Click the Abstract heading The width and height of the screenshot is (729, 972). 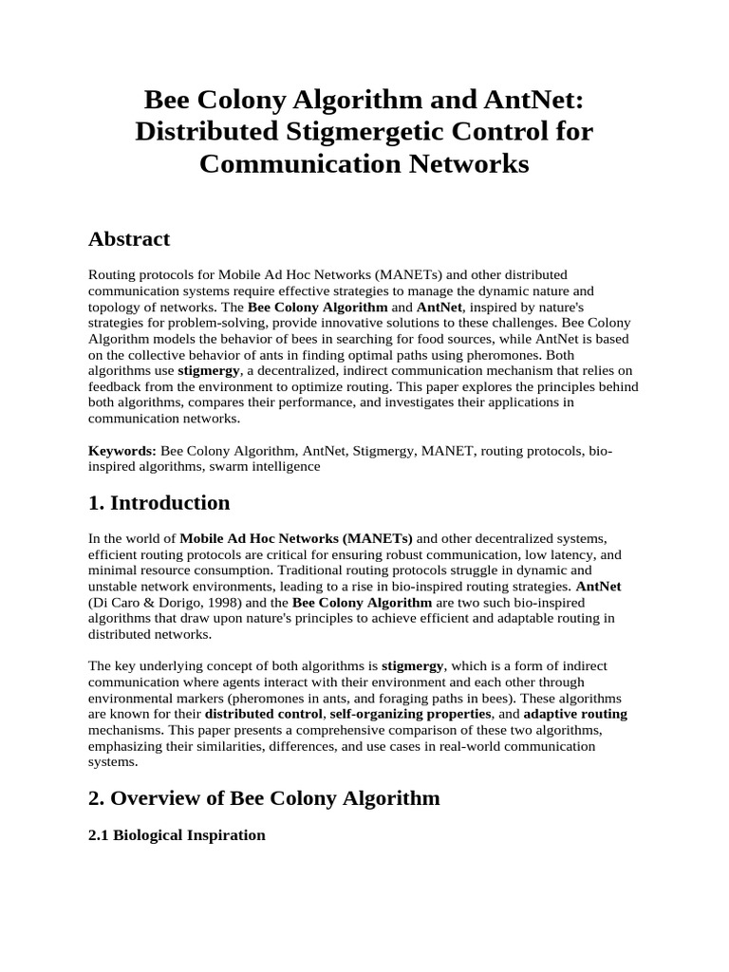[129, 239]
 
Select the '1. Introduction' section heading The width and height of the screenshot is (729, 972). [159, 503]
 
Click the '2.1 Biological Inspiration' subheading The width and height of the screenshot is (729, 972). [177, 836]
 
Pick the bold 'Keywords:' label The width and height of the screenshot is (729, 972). [122, 451]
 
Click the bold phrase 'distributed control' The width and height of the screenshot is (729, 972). [264, 714]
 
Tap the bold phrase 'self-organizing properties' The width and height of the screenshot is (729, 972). [410, 714]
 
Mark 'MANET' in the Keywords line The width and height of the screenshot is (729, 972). [444, 451]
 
